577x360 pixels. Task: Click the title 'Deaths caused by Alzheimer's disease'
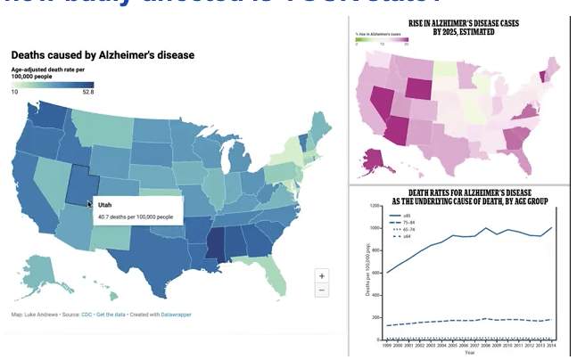[x=103, y=55]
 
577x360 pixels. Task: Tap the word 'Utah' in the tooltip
[x=104, y=205]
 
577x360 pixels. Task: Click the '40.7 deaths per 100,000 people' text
[x=136, y=217]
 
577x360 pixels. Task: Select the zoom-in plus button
[x=321, y=276]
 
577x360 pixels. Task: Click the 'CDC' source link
[x=87, y=315]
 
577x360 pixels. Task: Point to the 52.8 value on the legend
[x=88, y=91]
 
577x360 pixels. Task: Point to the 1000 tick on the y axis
[x=374, y=227]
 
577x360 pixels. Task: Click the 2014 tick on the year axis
[x=553, y=346]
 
